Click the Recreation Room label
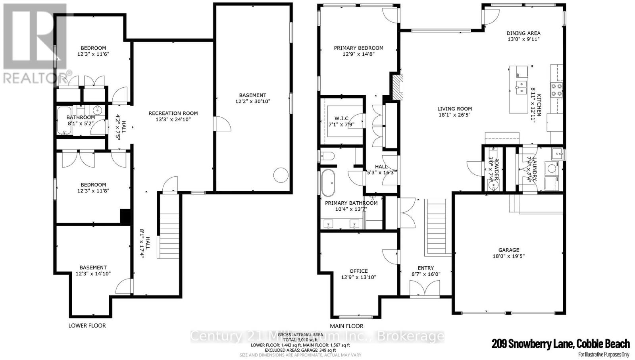173,113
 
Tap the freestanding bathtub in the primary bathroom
328,183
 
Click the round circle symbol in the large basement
281,175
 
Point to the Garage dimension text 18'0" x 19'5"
508,256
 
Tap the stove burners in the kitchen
556,90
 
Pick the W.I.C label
341,118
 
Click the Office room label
358,271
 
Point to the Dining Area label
523,33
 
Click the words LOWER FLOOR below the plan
87,325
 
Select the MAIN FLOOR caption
346,326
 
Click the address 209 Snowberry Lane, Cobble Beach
560,344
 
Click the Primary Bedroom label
358,48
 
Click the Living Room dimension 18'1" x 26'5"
454,115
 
